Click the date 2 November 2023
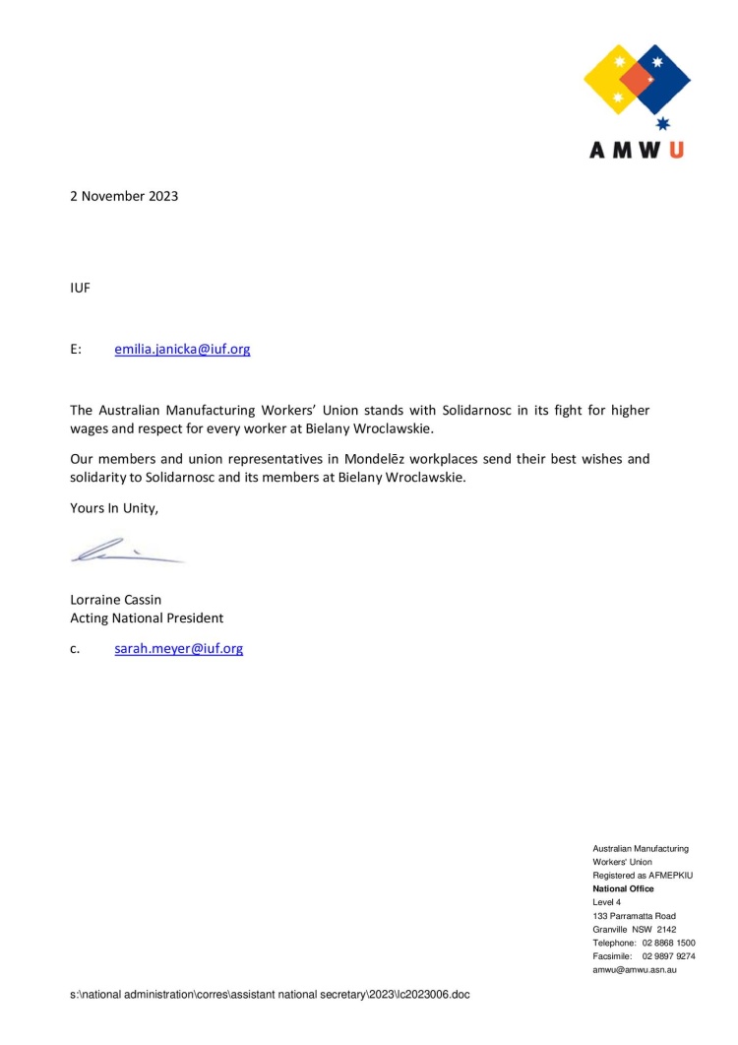123,196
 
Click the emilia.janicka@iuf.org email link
182,349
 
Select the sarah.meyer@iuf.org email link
178,649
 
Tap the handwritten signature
123,551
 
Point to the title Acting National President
146,619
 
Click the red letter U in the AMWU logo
676,150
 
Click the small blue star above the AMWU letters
662,123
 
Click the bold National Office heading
623,888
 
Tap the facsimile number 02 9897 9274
668,956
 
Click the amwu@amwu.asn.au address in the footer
635,970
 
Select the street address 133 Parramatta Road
634,916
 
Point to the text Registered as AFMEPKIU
643,876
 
